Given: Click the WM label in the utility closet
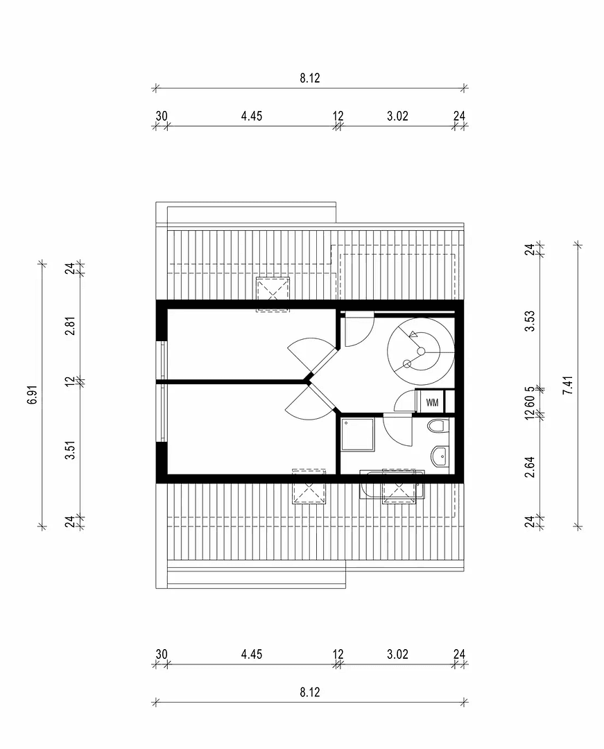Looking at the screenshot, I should [432, 402].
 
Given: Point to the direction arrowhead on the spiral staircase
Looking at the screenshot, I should [413, 335].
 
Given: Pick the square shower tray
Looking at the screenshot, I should [358, 435].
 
